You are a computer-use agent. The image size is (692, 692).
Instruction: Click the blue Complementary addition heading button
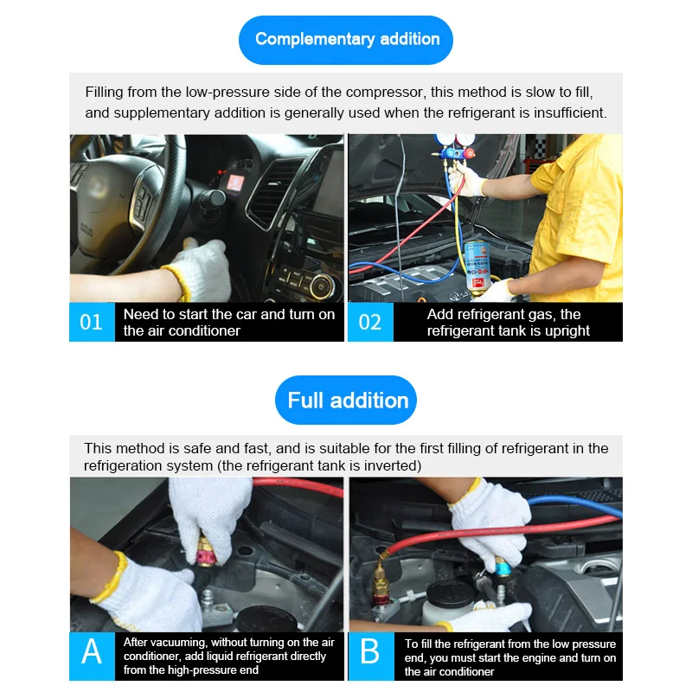click(x=346, y=39)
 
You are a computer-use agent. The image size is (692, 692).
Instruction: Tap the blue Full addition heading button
click(x=346, y=400)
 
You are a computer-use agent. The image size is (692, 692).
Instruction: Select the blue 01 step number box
click(x=92, y=322)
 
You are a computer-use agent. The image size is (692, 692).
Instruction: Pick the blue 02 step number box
click(x=370, y=322)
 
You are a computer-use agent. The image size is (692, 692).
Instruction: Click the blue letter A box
click(x=92, y=656)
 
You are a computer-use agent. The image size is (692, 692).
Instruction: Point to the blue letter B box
click(x=370, y=656)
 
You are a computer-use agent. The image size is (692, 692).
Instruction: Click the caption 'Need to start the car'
click(x=228, y=322)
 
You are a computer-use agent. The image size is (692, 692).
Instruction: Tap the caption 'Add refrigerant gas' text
click(x=508, y=322)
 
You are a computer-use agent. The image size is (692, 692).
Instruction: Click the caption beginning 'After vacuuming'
click(x=228, y=656)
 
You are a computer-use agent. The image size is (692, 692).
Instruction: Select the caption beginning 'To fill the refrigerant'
click(x=510, y=657)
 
